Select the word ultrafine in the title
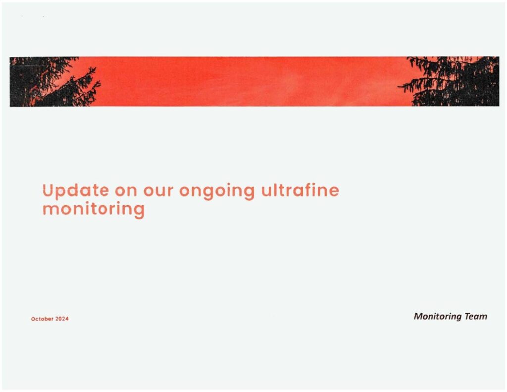tap(300, 190)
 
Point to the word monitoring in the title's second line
tap(94, 209)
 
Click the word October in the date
tap(42, 319)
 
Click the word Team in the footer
tap(476, 316)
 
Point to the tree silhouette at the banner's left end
tap(50, 82)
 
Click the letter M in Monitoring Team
tap(418, 316)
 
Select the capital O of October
tap(33, 319)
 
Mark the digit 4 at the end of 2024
tap(67, 319)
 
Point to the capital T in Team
tap(467, 316)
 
